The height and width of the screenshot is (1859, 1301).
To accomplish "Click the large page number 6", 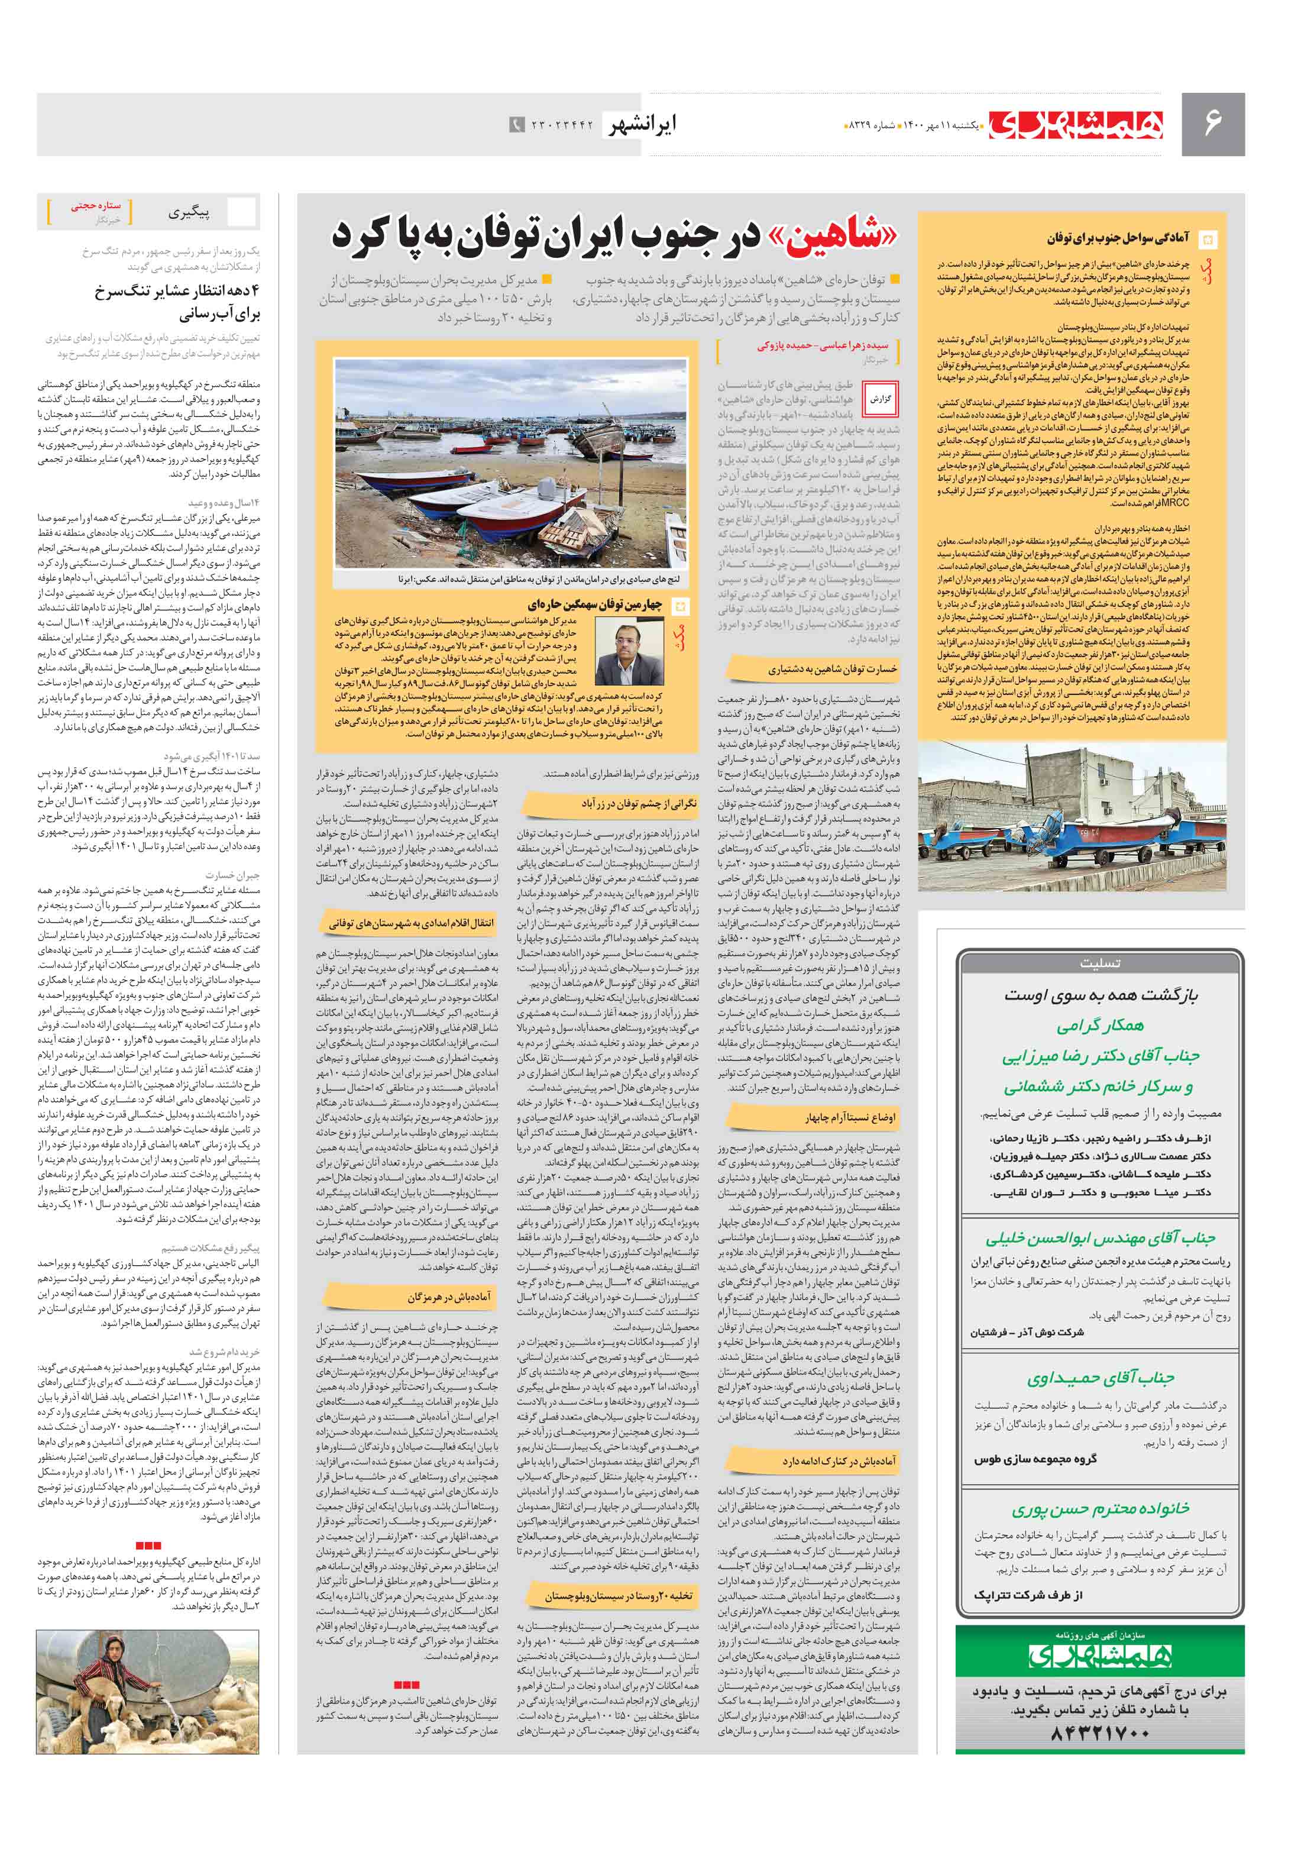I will coord(1212,123).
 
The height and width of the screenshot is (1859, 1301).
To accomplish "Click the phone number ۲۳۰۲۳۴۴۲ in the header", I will coord(562,125).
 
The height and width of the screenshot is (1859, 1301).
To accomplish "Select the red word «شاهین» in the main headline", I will coord(834,235).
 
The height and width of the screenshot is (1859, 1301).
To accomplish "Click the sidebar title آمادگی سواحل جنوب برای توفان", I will coord(1117,238).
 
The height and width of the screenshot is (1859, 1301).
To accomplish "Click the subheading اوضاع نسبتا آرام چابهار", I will coord(849,1117).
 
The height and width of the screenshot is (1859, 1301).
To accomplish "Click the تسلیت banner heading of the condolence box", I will coord(1099,964).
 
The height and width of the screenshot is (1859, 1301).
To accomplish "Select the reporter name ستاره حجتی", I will coord(96,206).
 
